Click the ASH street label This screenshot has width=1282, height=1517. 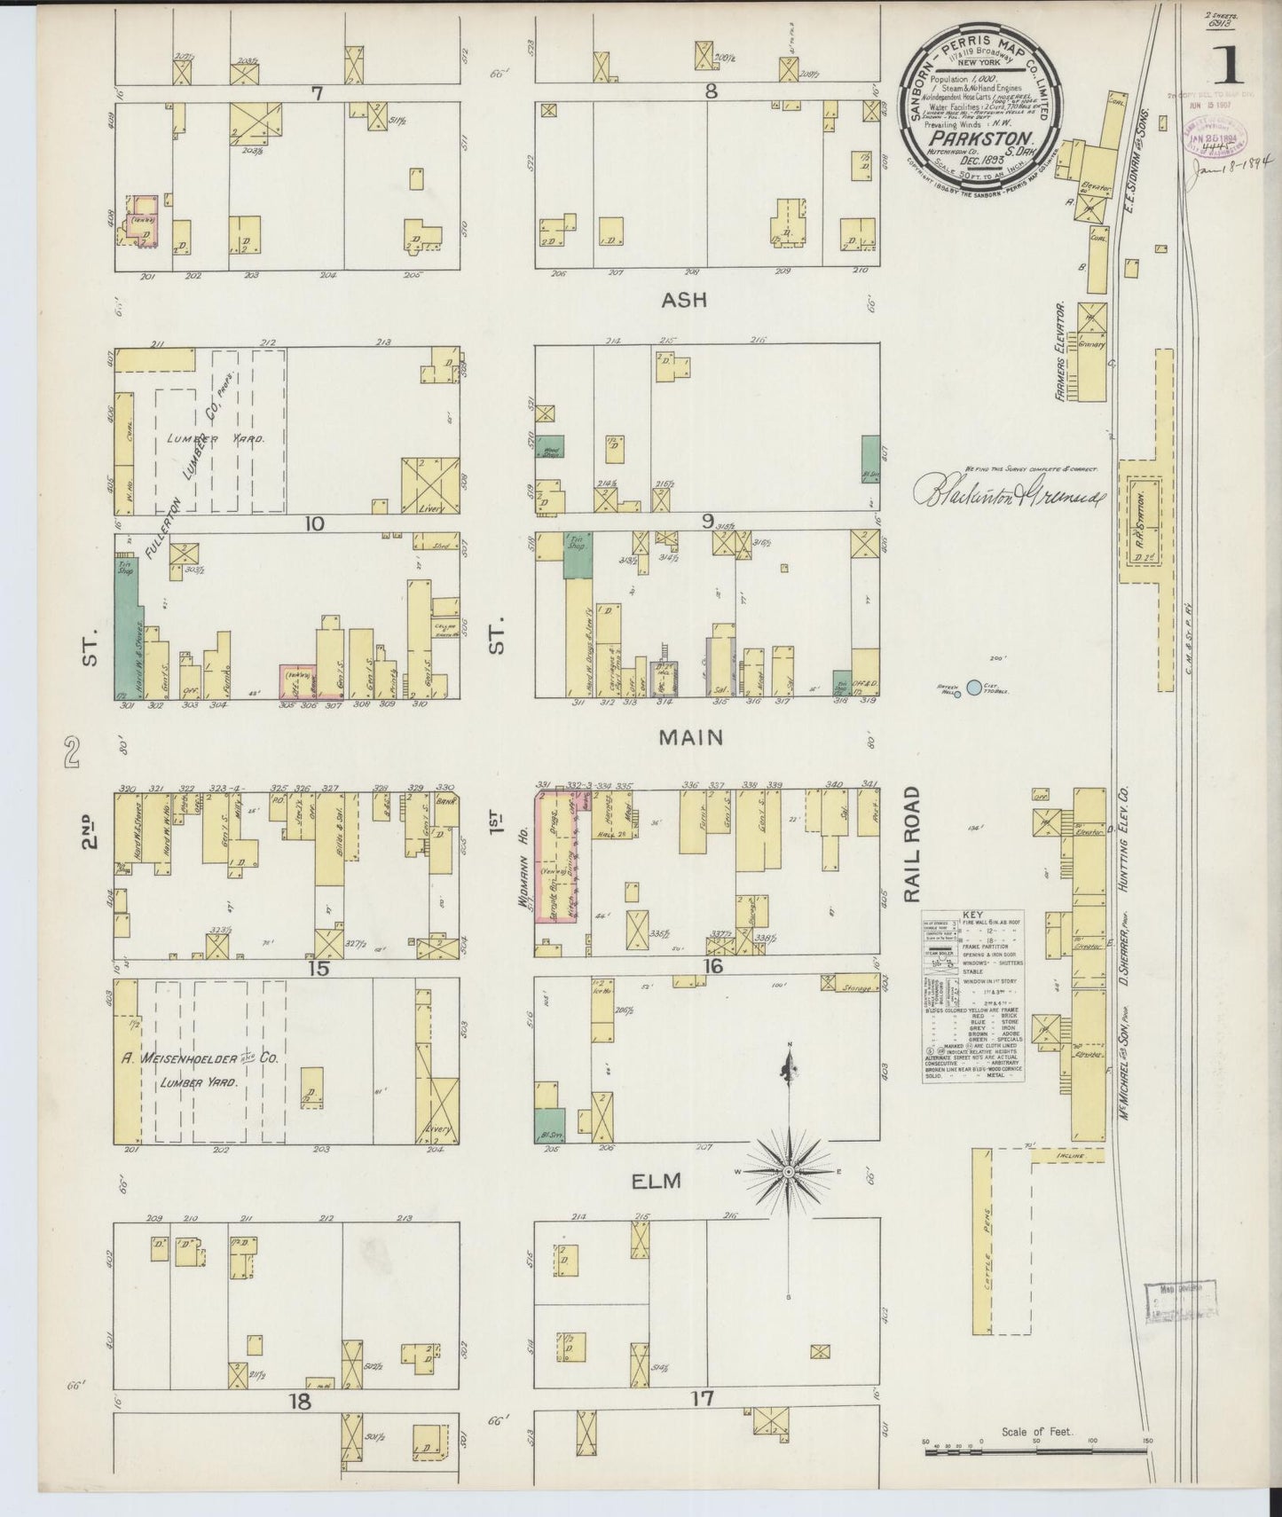[x=684, y=300]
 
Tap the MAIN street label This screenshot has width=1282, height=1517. [x=689, y=737]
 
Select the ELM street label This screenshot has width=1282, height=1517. [x=657, y=1181]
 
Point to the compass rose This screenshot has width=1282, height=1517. [x=788, y=1171]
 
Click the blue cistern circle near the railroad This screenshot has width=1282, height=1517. [x=974, y=687]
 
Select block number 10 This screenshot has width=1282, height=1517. [x=311, y=523]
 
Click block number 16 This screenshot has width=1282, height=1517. [x=713, y=966]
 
